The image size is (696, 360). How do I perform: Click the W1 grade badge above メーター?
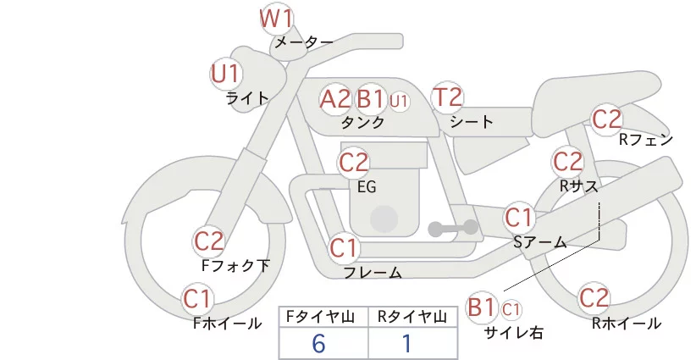pos(277,18)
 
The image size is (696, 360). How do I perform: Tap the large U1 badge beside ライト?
pos(226,74)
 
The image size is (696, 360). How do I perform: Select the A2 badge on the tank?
pos(334,99)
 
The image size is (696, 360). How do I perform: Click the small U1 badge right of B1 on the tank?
pos(399,101)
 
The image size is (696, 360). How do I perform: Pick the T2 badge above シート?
pos(447,98)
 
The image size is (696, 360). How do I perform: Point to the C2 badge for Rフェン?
pos(606,119)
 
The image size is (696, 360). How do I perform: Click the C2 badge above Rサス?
pos(567,161)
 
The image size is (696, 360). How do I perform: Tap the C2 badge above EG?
pos(353,162)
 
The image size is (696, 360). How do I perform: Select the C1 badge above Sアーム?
pos(519,218)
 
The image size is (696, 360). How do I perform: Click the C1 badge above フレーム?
pos(345,249)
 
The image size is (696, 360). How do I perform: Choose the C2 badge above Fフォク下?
pos(209,242)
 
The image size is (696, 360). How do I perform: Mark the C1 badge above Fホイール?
pos(198,298)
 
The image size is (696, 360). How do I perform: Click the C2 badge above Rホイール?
pos(594,298)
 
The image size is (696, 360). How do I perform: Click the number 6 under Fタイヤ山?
pos(318,343)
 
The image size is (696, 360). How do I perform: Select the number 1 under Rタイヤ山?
pos(406,343)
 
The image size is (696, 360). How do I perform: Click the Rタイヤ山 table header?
pos(412,317)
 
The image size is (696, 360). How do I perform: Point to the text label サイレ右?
pos(513,333)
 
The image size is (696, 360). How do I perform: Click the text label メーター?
pos(304,42)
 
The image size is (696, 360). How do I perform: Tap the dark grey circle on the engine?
pos(385,218)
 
